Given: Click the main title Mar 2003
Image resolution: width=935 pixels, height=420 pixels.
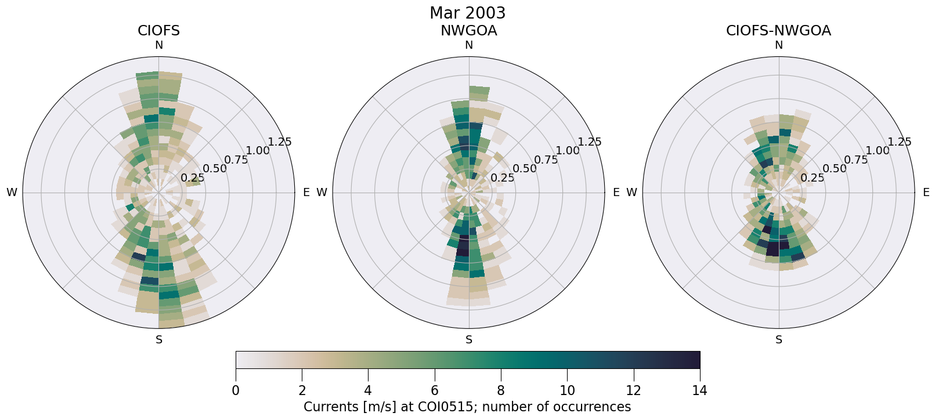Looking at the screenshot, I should [467, 13].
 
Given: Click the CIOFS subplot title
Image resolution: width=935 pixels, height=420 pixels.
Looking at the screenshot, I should [158, 31].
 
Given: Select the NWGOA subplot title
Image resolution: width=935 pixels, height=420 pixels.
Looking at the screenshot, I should [468, 31].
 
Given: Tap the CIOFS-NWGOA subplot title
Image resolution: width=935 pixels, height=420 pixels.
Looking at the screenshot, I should [778, 31].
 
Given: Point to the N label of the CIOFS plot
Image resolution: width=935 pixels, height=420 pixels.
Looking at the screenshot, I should [158, 45].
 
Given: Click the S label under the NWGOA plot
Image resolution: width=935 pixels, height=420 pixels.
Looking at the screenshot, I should [469, 340].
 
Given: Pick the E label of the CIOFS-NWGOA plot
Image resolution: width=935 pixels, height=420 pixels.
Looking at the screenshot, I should [926, 193].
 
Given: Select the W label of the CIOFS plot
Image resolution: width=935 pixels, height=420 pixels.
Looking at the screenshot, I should [12, 193].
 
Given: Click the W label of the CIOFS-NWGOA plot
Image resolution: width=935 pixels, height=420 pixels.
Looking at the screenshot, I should [631, 193].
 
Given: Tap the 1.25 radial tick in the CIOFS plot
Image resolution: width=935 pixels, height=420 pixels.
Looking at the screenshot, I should [280, 142].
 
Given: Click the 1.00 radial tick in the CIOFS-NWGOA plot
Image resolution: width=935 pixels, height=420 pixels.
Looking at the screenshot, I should [877, 151].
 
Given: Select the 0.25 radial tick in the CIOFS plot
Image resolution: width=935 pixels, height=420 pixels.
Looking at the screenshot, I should [193, 178].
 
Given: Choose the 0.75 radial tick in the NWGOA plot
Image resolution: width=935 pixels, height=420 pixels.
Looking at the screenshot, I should [546, 160].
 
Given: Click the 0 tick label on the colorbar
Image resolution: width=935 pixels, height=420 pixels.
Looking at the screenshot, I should [236, 390].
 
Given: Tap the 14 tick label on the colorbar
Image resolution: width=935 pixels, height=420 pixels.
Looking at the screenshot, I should [699, 390].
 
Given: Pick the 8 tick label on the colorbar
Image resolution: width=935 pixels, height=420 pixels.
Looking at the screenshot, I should [501, 390].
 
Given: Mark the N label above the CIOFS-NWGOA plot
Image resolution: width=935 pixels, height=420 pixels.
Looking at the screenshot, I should [779, 45].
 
